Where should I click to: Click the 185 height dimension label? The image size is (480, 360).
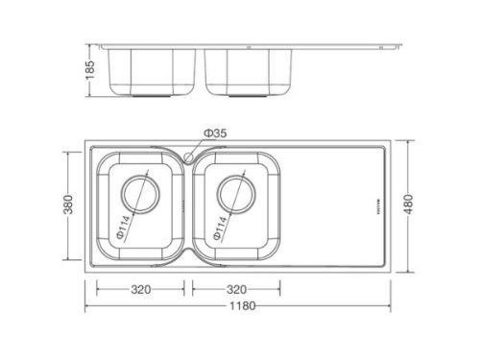pyautogui.click(x=89, y=70)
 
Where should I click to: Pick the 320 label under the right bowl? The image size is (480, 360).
pyautogui.click(x=236, y=289)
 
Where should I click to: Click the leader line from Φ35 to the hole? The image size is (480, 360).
pyautogui.click(x=198, y=146)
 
